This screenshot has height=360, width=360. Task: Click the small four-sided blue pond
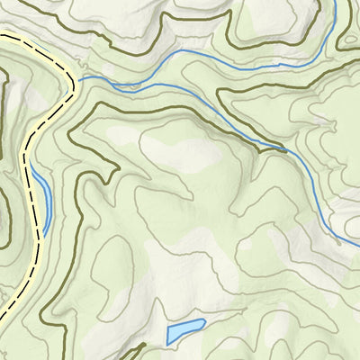(185, 330)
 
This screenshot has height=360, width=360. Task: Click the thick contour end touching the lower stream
(285, 152)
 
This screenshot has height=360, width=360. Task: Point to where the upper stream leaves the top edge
(335, 2)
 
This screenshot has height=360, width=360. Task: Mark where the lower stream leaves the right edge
(357, 247)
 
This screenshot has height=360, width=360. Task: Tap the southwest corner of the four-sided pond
(168, 342)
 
